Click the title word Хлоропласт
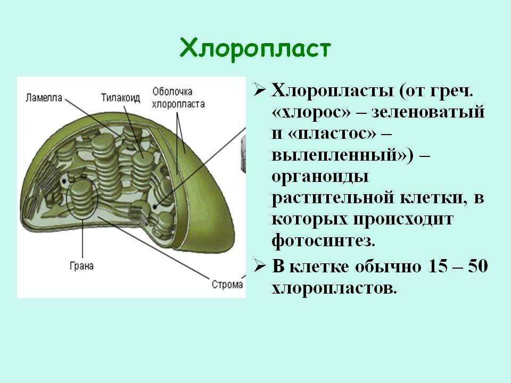tap(255, 49)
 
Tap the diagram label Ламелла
tap(44, 98)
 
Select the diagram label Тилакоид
tap(120, 98)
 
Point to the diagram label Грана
tap(81, 266)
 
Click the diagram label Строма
tap(227, 284)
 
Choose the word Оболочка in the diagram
tap(172, 91)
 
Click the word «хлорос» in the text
tap(311, 112)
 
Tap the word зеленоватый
tap(428, 112)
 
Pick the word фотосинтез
tap(323, 240)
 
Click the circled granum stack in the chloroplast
tap(82, 198)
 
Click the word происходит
tap(403, 220)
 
